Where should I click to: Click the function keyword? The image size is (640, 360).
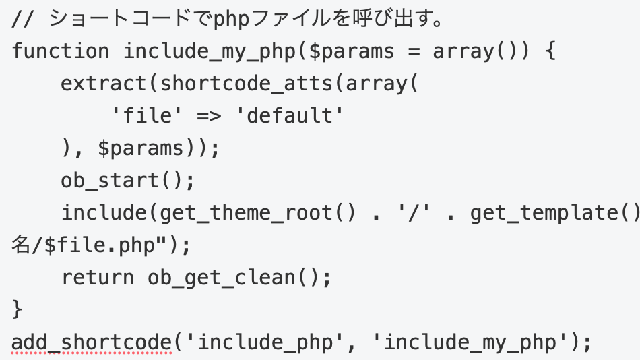click(61, 51)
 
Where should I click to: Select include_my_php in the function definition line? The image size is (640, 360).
click(210, 52)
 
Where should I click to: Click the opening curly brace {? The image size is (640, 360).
click(550, 51)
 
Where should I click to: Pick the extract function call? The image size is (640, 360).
click(104, 84)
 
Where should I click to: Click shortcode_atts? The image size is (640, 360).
click(247, 84)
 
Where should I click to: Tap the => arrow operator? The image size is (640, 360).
click(210, 116)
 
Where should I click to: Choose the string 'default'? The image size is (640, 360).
click(290, 115)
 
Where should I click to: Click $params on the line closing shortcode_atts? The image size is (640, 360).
click(141, 148)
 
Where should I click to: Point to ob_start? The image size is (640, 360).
click(109, 180)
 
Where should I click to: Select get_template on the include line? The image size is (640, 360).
click(544, 213)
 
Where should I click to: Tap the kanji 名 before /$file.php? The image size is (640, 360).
click(21, 245)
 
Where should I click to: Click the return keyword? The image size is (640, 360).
click(98, 278)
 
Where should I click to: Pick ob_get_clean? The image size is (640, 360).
click(222, 278)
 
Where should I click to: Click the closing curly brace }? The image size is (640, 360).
click(17, 309)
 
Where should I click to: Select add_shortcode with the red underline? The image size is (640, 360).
click(92, 342)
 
